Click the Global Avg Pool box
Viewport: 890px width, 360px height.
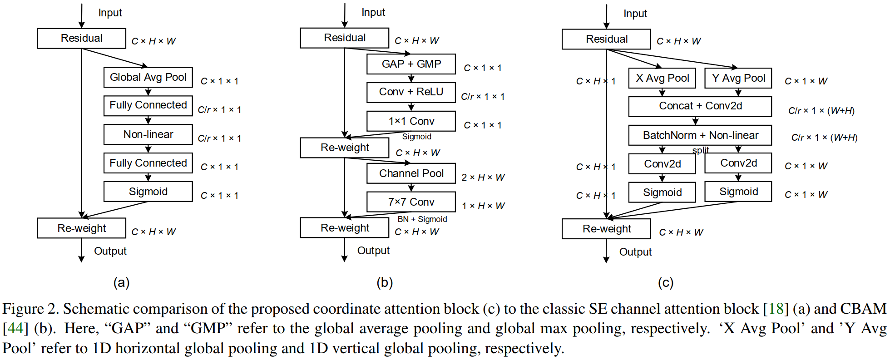coord(148,77)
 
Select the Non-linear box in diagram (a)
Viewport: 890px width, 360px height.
coord(148,134)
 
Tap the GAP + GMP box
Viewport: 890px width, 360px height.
coord(411,64)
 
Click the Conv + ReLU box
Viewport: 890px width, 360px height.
coord(411,92)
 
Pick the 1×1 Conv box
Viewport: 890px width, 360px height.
coord(411,121)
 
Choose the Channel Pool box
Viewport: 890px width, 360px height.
coord(411,173)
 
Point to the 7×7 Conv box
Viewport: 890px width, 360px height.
coord(411,202)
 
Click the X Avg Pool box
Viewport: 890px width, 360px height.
coord(662,78)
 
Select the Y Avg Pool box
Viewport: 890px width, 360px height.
coord(738,78)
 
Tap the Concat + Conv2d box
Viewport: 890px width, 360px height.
coord(700,106)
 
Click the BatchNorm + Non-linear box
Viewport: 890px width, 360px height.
coord(700,135)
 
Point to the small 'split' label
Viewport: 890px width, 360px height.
coord(700,150)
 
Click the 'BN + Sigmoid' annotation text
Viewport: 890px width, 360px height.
coord(422,219)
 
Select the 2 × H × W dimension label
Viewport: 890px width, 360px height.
coord(483,178)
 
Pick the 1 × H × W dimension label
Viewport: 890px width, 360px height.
coord(483,206)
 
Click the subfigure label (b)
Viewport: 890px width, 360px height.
coord(384,283)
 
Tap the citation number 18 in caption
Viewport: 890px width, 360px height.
coord(776,309)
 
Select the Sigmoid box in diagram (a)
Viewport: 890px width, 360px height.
coord(148,192)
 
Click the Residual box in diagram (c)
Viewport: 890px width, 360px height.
coord(606,39)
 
